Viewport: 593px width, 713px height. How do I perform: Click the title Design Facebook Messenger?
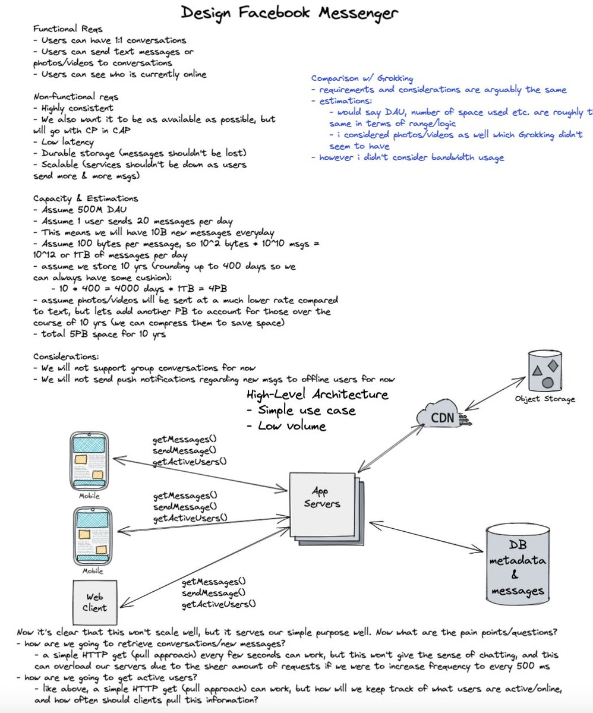point(289,13)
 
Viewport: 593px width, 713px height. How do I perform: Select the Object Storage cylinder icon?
point(545,371)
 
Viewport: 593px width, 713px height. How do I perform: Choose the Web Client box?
point(94,602)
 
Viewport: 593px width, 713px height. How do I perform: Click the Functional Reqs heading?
point(68,29)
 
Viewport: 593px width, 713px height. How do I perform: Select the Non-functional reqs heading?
point(76,97)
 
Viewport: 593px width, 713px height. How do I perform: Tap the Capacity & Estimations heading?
point(86,198)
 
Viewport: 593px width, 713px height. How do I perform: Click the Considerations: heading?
point(66,356)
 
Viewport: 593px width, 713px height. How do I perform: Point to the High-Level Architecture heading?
point(317,395)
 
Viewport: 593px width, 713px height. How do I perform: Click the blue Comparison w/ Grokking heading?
point(362,78)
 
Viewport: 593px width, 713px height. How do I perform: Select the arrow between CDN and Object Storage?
point(496,393)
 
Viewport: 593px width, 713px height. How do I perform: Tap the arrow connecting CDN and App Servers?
point(391,449)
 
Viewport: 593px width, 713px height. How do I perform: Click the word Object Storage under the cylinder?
point(545,399)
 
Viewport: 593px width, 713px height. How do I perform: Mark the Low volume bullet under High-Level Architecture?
point(286,426)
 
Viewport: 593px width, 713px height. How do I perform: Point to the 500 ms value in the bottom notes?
point(535,666)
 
